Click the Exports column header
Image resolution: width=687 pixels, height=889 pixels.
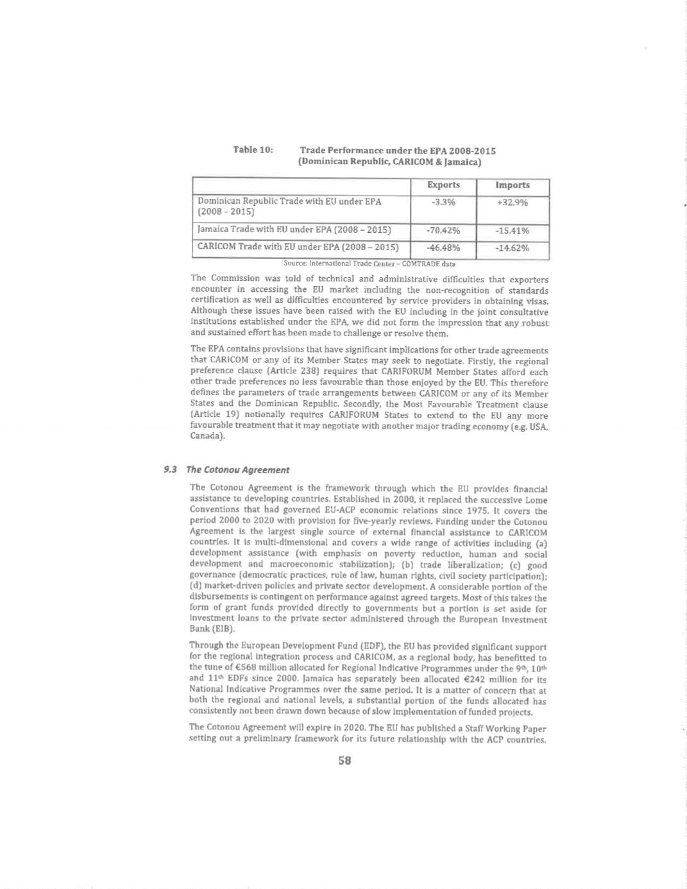tap(443, 185)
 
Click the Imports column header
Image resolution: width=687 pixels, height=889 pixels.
tap(513, 185)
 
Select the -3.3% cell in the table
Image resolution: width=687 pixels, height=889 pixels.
tap(443, 202)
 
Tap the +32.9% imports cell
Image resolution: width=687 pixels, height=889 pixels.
tap(513, 202)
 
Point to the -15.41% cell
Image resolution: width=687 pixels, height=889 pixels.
tap(513, 231)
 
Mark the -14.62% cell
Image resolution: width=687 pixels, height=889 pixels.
tap(513, 248)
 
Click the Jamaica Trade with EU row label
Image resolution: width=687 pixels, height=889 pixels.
tap(294, 230)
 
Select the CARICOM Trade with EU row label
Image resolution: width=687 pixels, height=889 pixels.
tap(298, 247)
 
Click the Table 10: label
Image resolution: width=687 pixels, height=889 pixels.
tap(253, 150)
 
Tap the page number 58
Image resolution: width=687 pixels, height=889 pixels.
tap(344, 761)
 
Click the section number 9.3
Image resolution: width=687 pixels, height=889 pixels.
tap(170, 470)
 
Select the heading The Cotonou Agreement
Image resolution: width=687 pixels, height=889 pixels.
tap(238, 470)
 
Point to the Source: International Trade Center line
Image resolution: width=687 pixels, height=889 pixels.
tap(369, 264)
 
